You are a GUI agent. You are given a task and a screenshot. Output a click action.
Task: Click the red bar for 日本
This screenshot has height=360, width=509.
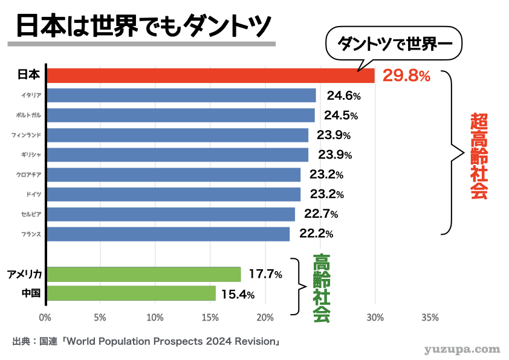[211, 76]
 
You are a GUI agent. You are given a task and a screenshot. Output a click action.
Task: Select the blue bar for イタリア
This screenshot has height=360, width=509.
[181, 95]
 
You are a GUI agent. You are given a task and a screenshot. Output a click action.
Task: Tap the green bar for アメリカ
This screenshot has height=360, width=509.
[144, 274]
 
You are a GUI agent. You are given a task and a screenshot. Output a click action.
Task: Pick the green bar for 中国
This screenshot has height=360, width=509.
[131, 293]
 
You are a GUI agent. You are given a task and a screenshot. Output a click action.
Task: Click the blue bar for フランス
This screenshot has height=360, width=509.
[168, 234]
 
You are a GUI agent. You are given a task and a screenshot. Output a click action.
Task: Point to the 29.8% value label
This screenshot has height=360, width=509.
[406, 76]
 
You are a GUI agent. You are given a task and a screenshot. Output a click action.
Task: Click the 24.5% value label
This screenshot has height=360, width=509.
[341, 116]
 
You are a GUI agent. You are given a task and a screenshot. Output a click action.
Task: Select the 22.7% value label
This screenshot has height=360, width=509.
[321, 214]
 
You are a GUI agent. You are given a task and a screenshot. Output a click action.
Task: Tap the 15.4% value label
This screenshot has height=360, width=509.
[238, 295]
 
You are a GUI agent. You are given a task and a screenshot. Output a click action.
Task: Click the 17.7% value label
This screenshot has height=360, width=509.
[265, 274]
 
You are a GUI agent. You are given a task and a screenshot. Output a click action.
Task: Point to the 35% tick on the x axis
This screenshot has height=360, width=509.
[430, 318]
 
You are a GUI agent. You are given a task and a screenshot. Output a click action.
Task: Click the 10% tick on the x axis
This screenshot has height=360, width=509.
[155, 318]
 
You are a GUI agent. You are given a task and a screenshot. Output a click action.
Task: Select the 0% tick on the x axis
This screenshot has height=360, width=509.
[45, 318]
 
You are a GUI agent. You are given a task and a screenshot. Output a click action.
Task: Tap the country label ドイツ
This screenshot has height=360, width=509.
[34, 194]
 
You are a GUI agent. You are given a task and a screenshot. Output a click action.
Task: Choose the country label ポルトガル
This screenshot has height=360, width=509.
[28, 115]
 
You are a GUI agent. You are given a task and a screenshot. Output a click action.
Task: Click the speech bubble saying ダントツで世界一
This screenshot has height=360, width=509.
[394, 44]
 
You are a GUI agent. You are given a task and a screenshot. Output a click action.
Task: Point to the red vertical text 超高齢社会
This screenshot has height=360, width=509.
[479, 156]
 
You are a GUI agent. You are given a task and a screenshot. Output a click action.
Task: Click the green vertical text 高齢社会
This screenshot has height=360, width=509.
[322, 288]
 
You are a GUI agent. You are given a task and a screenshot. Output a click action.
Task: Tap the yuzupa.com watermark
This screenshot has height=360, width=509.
[462, 350]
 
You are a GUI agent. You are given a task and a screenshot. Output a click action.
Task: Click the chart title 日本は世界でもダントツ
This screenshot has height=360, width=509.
[143, 25]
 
